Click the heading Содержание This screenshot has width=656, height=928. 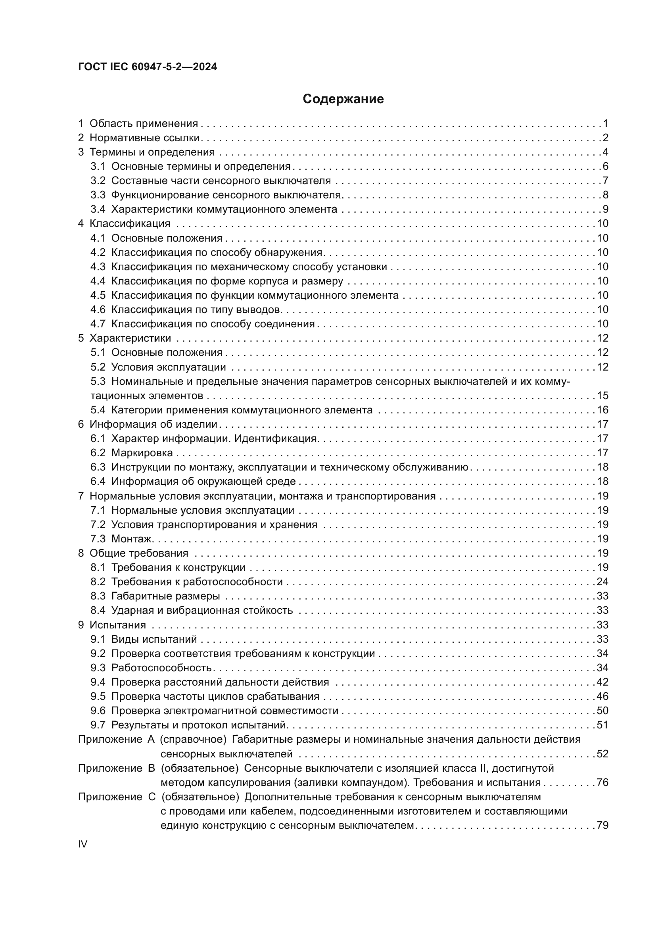point(343,99)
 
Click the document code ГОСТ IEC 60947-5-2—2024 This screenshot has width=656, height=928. point(148,67)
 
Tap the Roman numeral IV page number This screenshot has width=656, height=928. point(82,844)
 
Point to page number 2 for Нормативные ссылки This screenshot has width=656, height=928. point(605,138)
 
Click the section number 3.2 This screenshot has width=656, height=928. point(98,181)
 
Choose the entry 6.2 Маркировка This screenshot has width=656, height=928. point(132,453)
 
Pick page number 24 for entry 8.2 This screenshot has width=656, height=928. point(602,582)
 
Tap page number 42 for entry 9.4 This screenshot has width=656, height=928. point(602,682)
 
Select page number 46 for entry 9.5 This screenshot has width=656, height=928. point(602,696)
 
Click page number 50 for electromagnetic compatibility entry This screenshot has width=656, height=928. point(602,711)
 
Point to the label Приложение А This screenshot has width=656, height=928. point(116,739)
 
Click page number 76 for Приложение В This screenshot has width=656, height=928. point(602,782)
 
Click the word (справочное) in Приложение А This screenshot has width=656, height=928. point(193,739)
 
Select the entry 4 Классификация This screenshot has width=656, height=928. point(124,223)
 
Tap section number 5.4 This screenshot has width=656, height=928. point(98,410)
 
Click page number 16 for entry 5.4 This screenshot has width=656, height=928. point(602,410)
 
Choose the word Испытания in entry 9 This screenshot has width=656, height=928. point(117,625)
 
